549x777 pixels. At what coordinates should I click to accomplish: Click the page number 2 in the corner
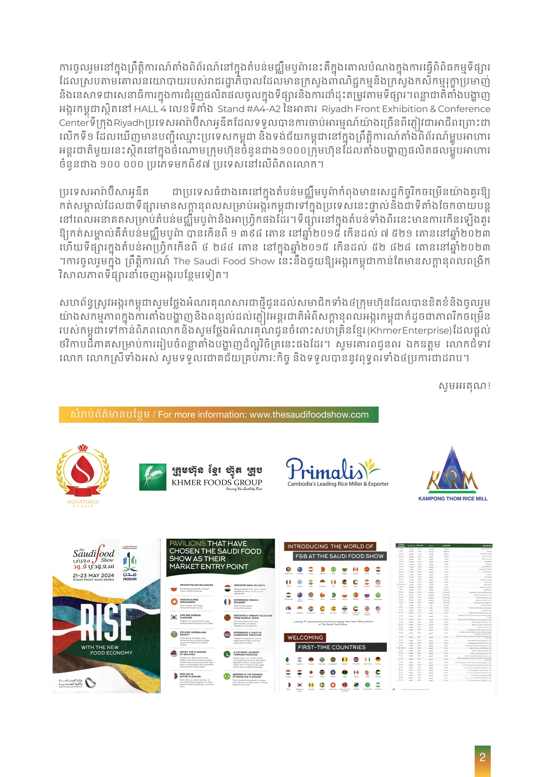(x=482, y=757)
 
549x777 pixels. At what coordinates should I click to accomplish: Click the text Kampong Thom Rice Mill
(x=453, y=498)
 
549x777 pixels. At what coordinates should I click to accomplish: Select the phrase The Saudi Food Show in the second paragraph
(x=224, y=261)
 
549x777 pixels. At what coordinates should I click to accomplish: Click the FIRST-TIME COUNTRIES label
(x=331, y=647)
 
